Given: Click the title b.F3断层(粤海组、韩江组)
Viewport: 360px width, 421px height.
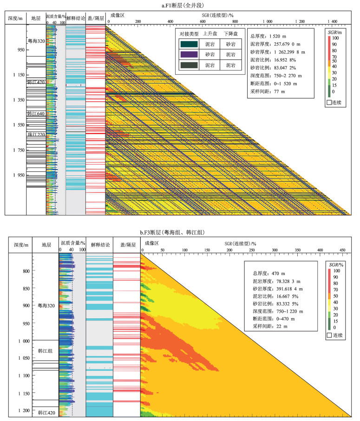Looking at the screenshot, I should (x=180, y=232).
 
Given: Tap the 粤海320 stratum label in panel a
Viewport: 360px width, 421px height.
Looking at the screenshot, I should (x=36, y=40).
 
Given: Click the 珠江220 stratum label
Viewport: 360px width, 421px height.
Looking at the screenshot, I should (x=36, y=134).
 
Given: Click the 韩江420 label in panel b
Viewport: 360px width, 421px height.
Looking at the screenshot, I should (x=46, y=412).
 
